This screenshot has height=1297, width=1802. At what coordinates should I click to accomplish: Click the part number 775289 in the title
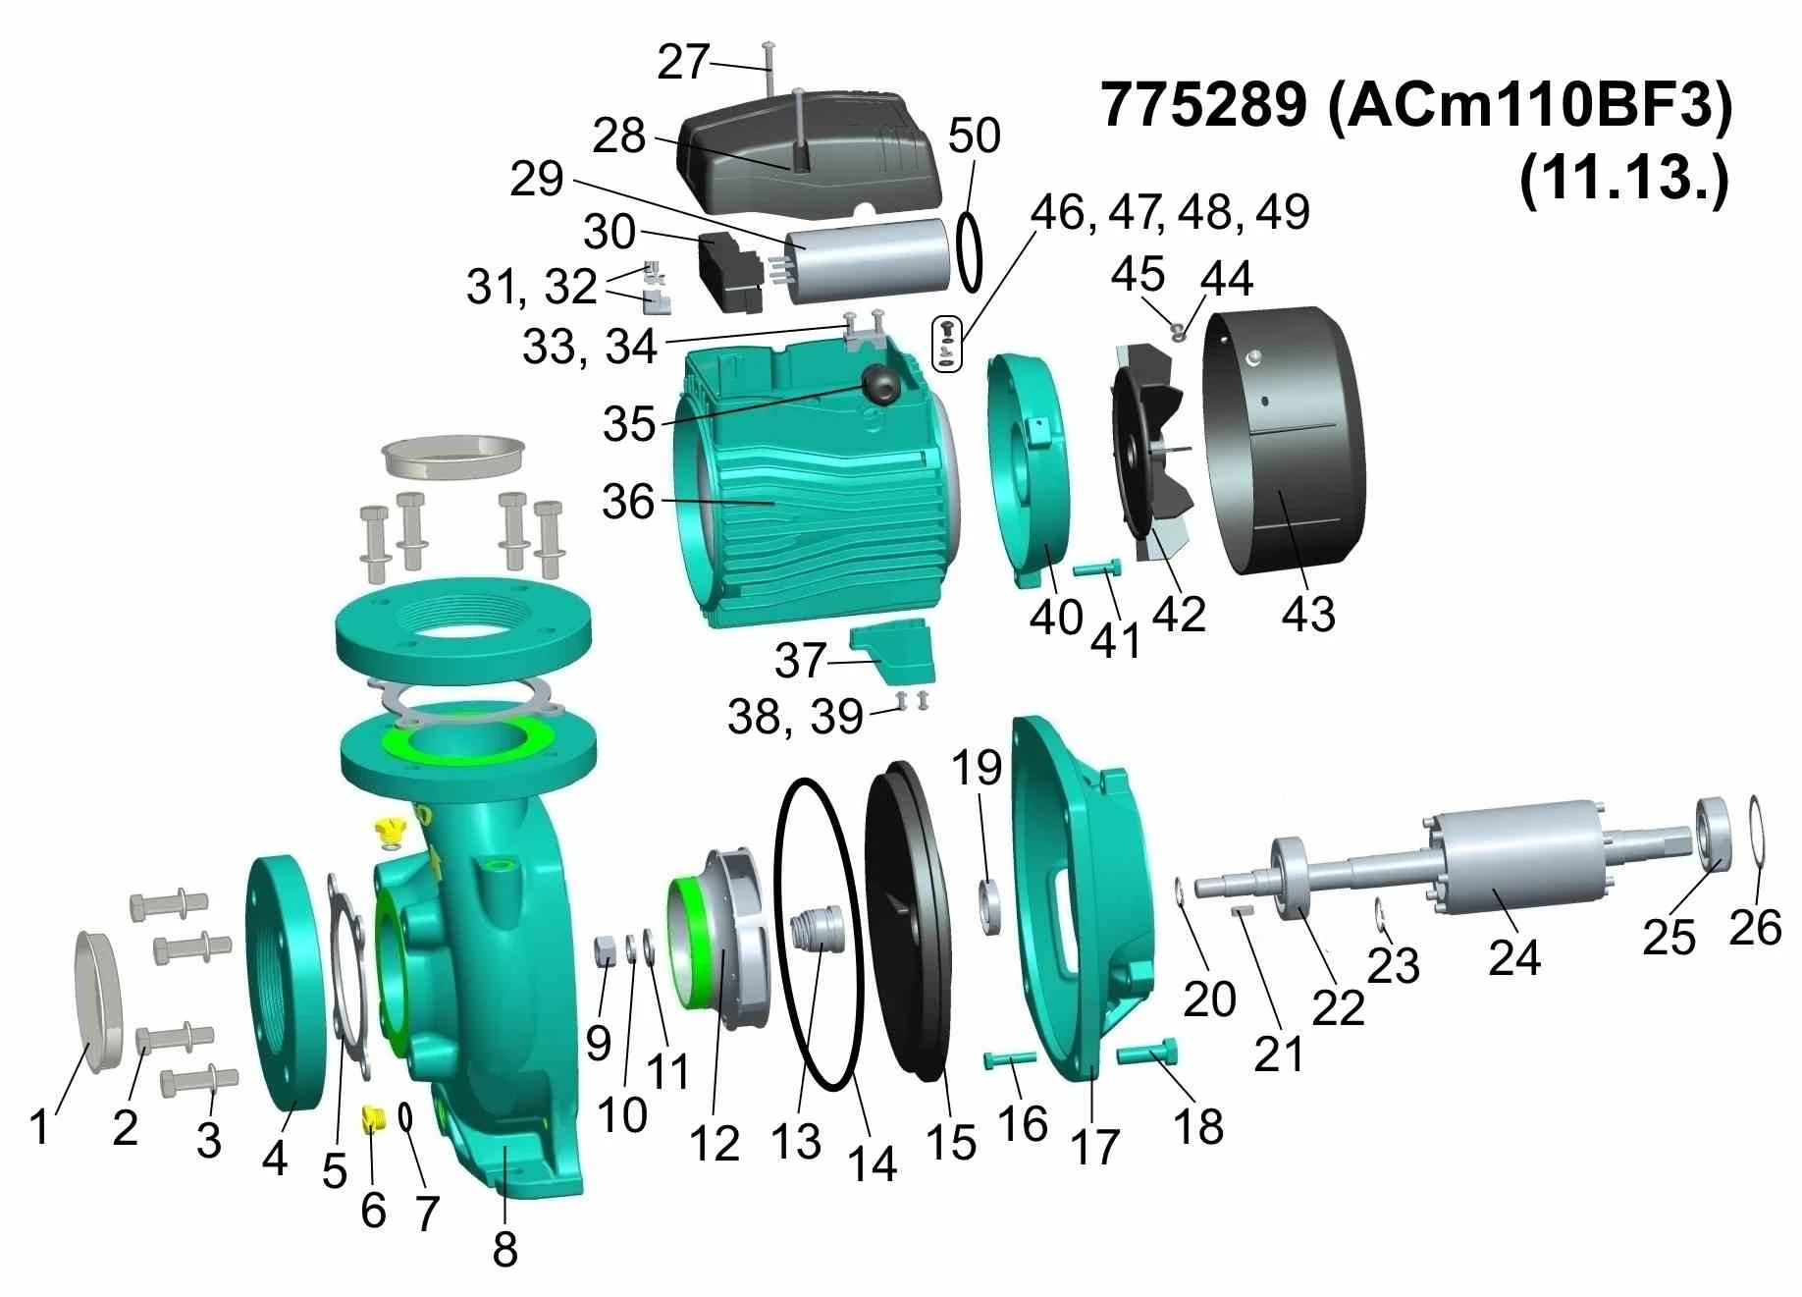click(1204, 105)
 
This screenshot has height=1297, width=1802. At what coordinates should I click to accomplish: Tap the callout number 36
click(628, 503)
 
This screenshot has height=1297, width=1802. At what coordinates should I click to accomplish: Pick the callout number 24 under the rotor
click(1514, 957)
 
